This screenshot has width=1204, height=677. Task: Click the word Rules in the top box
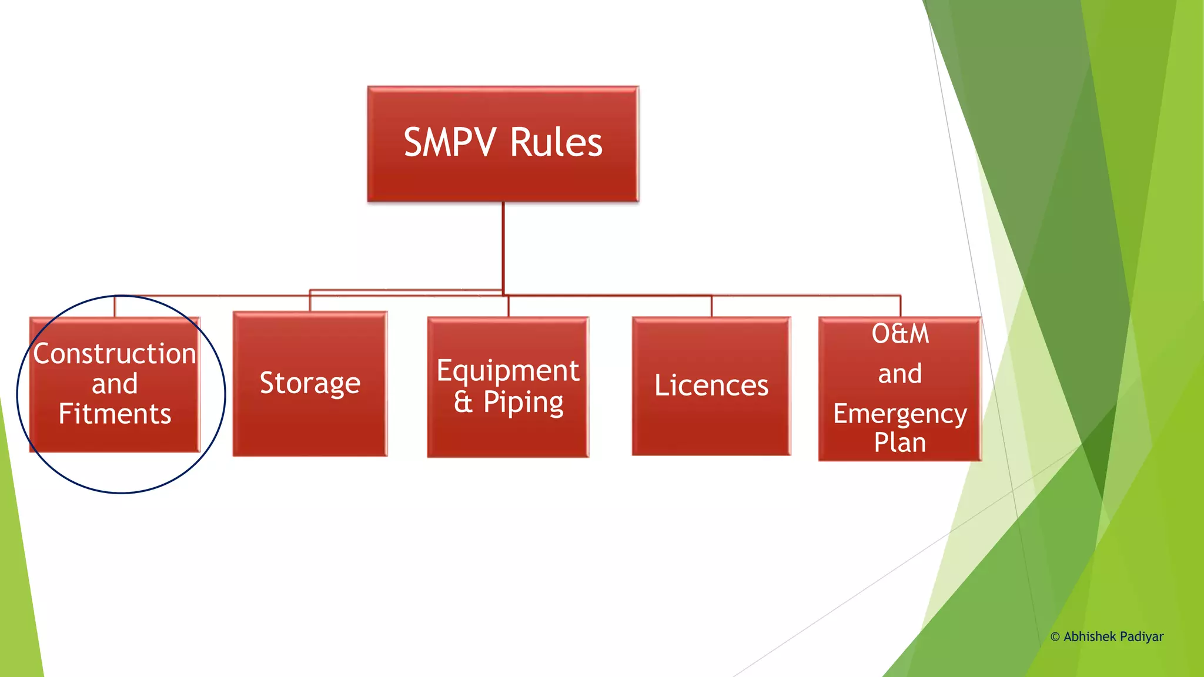pyautogui.click(x=556, y=143)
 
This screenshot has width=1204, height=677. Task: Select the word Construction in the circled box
pyautogui.click(x=115, y=354)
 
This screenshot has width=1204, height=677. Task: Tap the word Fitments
pyautogui.click(x=115, y=414)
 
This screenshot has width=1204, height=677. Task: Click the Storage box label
pyautogui.click(x=310, y=383)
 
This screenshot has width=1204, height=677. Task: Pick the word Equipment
pyautogui.click(x=508, y=371)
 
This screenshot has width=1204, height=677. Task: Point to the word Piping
pyautogui.click(x=523, y=403)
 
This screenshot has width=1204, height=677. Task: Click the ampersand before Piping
pyautogui.click(x=463, y=403)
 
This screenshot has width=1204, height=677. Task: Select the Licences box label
pyautogui.click(x=711, y=386)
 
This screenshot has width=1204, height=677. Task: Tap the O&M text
pyautogui.click(x=900, y=334)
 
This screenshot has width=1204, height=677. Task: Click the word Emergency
pyautogui.click(x=900, y=414)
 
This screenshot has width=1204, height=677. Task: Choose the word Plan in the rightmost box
pyautogui.click(x=900, y=443)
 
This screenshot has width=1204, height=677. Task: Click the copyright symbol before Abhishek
pyautogui.click(x=1055, y=637)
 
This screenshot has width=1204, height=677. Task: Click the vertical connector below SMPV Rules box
pyautogui.click(x=503, y=247)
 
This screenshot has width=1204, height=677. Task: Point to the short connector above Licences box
pyautogui.click(x=712, y=306)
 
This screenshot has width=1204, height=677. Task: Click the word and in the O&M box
pyautogui.click(x=900, y=374)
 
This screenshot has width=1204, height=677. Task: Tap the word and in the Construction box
pyautogui.click(x=115, y=384)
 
